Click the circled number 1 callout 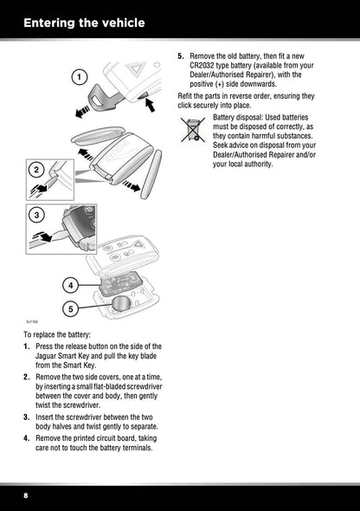[x=79, y=78]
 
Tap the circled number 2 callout [x=36, y=170]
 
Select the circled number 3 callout [x=36, y=215]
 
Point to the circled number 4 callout [x=71, y=286]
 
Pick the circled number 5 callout [x=71, y=308]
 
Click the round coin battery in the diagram [x=122, y=304]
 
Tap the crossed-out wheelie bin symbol [x=193, y=130]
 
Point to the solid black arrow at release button [x=150, y=104]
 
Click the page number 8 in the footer [x=26, y=495]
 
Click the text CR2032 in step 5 [x=202, y=66]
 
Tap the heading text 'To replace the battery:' [x=57, y=334]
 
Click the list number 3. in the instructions [x=27, y=417]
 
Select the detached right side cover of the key [x=151, y=174]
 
